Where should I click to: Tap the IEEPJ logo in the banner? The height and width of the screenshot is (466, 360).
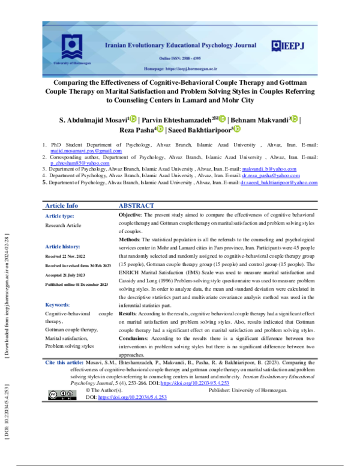(x=288, y=45)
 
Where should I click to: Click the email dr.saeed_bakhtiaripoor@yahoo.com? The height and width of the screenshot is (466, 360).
(x=278, y=183)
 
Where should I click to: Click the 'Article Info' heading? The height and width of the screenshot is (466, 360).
(x=62, y=205)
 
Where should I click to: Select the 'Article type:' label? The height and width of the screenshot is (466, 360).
(x=60, y=216)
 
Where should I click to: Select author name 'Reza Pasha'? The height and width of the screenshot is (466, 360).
(x=137, y=129)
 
